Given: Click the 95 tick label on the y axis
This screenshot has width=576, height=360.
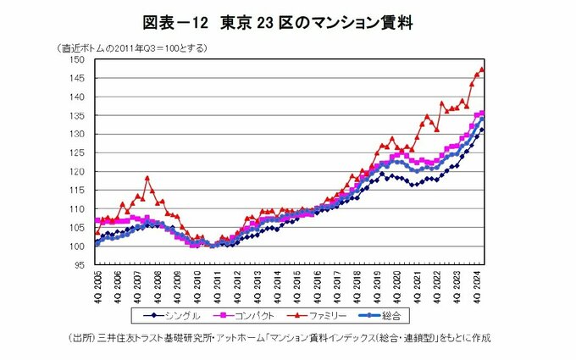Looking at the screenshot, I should coord(78,265).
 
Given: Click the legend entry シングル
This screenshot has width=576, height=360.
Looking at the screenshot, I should coord(173,316).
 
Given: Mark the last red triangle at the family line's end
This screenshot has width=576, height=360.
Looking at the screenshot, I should coord(482,69).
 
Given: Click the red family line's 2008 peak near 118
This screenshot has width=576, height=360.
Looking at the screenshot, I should coord(147,178).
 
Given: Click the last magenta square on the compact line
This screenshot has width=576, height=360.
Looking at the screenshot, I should coord(482,114).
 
